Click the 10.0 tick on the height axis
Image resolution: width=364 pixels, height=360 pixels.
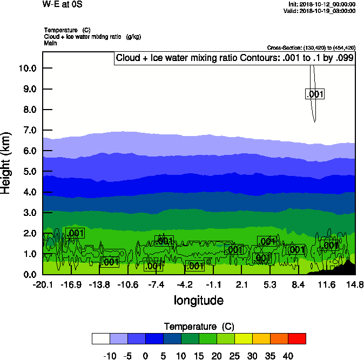[x=28, y=68]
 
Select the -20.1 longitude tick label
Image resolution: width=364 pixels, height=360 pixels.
[x=42, y=284]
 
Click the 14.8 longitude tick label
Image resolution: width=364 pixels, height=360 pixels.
[x=355, y=284]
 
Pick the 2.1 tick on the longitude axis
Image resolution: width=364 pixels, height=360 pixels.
[x=242, y=284]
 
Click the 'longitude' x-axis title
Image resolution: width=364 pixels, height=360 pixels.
[x=198, y=300]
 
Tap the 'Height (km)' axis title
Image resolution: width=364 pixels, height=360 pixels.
[x=6, y=162]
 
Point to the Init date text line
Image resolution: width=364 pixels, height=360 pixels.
[x=322, y=4]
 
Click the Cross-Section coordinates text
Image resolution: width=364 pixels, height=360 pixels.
[x=311, y=47]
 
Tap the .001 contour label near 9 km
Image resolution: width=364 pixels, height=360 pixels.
[x=315, y=94]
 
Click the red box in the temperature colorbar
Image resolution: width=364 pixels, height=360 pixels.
[x=296, y=338]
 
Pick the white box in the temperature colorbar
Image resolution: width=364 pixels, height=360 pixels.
[x=101, y=338]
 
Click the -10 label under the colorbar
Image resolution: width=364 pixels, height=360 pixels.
[x=110, y=356]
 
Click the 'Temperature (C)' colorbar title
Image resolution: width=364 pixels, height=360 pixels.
[x=198, y=327]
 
